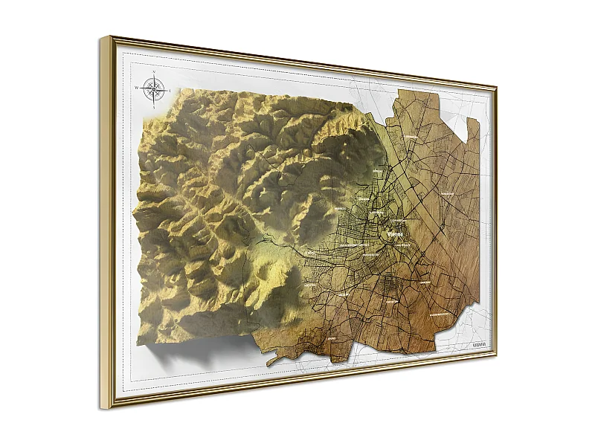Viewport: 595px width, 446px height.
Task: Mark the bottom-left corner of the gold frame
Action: (103, 409)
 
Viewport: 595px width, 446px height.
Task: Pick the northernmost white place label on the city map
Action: (411, 137)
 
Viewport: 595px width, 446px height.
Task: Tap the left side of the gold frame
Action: (106, 223)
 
